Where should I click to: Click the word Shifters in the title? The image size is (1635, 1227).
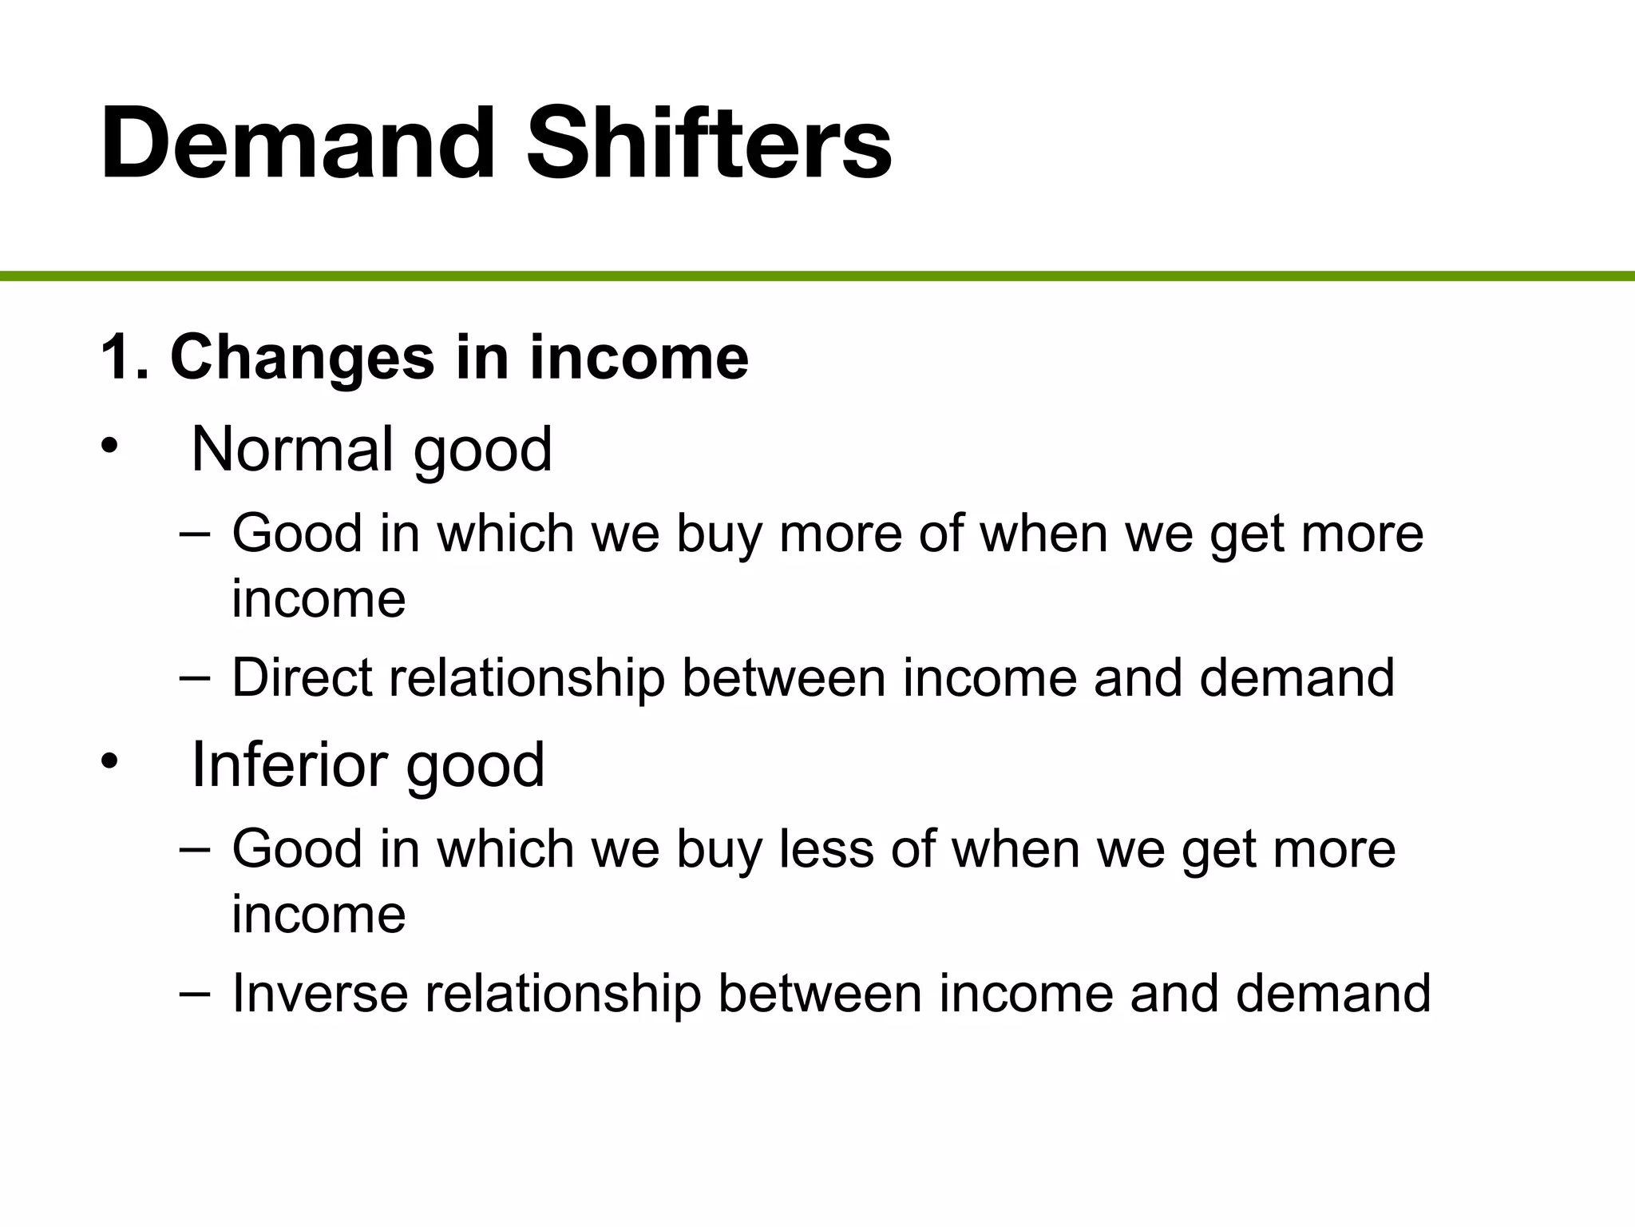(x=709, y=144)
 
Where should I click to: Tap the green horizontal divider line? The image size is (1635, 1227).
(x=817, y=276)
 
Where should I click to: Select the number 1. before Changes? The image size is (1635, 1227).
(x=125, y=357)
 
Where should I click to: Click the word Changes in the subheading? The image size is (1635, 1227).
(x=303, y=357)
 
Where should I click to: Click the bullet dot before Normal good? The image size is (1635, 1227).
(x=109, y=445)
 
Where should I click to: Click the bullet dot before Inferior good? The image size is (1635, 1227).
(x=109, y=760)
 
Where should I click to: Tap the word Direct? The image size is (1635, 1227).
(x=302, y=677)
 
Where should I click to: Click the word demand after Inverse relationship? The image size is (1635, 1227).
(x=1332, y=993)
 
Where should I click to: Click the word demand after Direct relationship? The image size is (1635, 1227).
(x=1297, y=677)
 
